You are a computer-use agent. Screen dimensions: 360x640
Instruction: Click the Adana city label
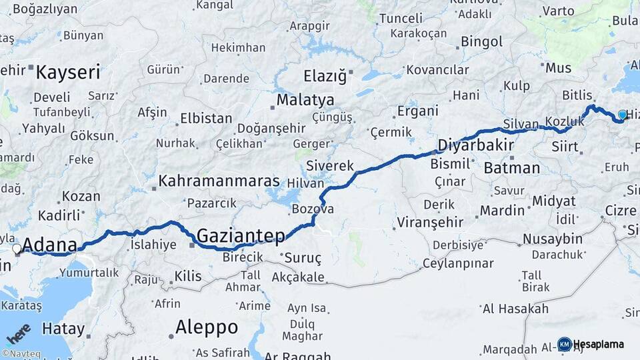[x=49, y=245]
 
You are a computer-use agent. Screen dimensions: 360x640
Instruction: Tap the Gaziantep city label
[x=241, y=235]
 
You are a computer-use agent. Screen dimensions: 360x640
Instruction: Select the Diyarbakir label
[x=475, y=145]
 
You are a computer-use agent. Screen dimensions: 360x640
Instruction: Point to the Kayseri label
[x=67, y=72]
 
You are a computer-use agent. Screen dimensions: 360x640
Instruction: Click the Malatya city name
[x=305, y=100]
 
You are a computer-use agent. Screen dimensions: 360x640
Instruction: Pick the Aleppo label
[x=207, y=327]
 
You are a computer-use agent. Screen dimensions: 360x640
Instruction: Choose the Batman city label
[x=511, y=167]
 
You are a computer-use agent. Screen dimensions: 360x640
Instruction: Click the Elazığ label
[x=325, y=76]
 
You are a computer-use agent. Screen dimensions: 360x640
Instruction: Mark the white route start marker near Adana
[x=17, y=249]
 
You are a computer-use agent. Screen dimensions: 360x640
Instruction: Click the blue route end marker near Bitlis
[x=622, y=115]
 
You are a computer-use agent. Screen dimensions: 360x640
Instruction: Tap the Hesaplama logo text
[x=598, y=344]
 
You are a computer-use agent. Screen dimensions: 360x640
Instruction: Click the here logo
[x=18, y=333]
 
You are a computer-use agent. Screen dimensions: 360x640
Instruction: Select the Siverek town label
[x=329, y=165]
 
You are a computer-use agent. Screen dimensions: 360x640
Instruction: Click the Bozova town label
[x=313, y=209]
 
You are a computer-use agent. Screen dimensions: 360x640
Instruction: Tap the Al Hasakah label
[x=515, y=309]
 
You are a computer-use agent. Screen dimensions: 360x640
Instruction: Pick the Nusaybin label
[x=553, y=239]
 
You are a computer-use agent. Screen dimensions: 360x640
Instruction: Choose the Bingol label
[x=482, y=42]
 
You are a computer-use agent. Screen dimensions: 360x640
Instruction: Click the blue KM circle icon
[x=565, y=344]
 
